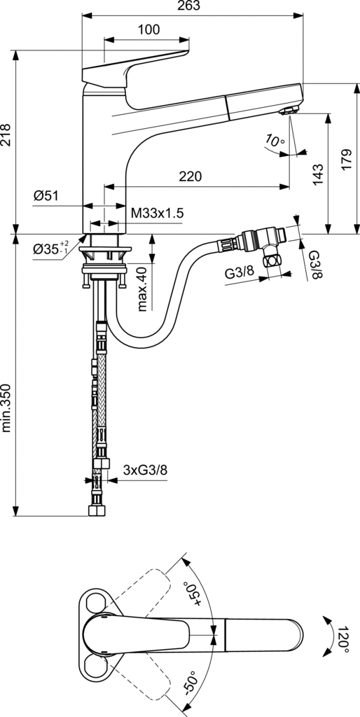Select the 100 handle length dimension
click(148, 30)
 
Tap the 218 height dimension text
click(6, 134)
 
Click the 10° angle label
click(274, 141)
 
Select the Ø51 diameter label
click(46, 196)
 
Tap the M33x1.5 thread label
click(157, 213)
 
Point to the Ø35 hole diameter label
click(50, 249)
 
